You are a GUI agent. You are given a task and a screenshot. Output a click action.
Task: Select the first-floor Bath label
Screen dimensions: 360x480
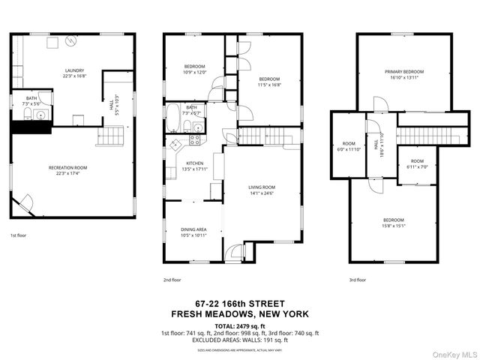point(31,100)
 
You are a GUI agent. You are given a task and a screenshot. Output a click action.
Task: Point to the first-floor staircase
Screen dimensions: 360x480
point(111,136)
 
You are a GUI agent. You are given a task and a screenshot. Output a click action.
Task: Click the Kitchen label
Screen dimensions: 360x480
point(194,166)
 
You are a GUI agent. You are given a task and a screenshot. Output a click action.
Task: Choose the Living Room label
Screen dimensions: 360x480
point(262,190)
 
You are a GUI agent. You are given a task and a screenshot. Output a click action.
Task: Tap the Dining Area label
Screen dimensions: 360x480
point(193,232)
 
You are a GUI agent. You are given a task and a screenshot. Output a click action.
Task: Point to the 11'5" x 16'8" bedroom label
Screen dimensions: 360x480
point(269,82)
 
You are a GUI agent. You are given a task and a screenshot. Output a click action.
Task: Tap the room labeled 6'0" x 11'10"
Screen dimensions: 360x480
point(349,146)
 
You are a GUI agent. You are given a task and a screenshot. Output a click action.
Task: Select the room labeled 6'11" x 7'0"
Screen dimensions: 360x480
point(416,163)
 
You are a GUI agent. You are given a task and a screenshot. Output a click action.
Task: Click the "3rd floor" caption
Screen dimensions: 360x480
point(357,280)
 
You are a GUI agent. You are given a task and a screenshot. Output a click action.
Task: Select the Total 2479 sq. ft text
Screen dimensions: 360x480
point(240,325)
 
